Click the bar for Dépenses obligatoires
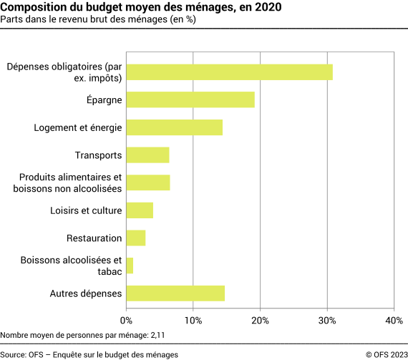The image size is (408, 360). [x=229, y=72]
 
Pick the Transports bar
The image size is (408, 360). [x=147, y=155]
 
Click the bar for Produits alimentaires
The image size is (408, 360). [x=148, y=183]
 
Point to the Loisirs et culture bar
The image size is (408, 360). [x=140, y=210]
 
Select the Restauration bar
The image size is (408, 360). [x=136, y=238]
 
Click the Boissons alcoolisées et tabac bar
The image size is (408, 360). [x=130, y=266]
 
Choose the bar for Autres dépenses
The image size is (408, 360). [x=175, y=293]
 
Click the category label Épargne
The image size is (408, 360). [x=104, y=100]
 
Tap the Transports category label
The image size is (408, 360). [x=99, y=155]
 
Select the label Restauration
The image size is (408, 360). [x=94, y=238]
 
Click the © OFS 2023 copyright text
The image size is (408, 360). [x=384, y=354]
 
